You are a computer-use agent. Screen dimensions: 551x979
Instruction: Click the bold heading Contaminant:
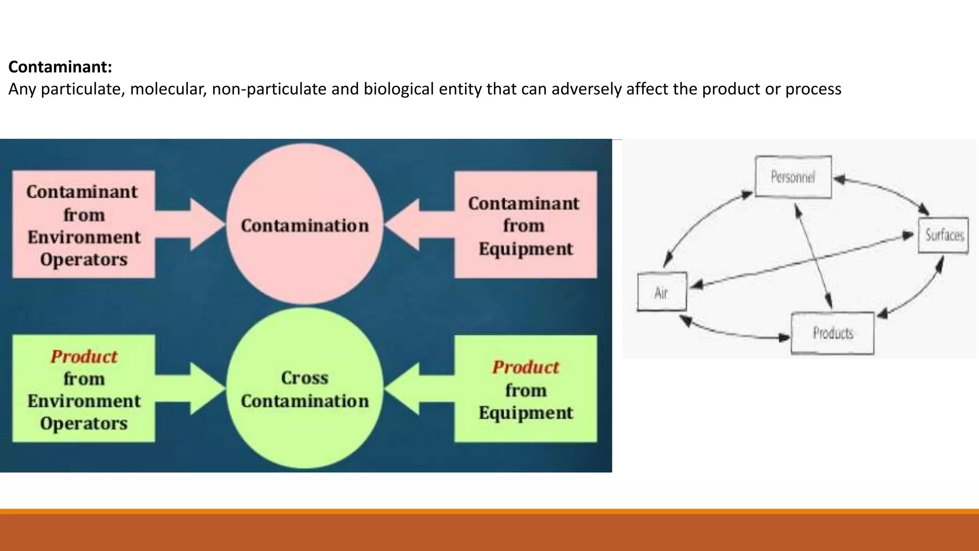point(60,67)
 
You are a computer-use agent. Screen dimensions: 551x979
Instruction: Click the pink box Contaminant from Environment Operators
point(84,225)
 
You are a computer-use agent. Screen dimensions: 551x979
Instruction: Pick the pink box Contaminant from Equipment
point(525,225)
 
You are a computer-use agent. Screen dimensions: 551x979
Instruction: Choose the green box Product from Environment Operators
point(84,388)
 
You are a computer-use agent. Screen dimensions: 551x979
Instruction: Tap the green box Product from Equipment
point(525,388)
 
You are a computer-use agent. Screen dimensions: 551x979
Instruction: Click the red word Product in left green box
point(84,357)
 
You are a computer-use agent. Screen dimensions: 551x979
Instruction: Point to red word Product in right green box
point(525,367)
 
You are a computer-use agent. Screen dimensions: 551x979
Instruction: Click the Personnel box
point(793,177)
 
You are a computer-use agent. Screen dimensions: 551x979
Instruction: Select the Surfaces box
point(943,235)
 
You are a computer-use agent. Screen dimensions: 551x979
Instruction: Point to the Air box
point(662,292)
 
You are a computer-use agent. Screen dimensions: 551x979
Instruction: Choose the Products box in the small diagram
point(832,333)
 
